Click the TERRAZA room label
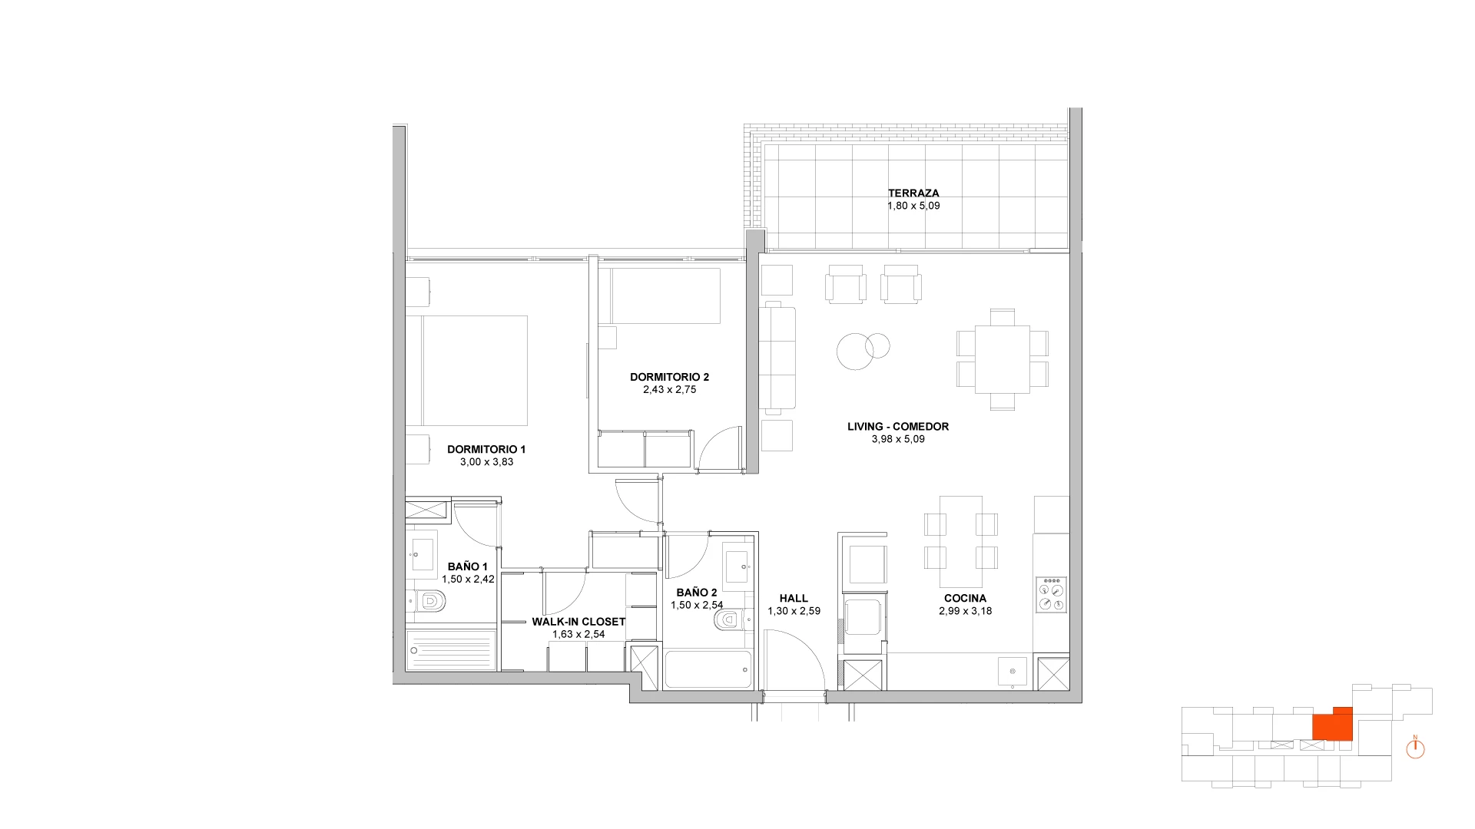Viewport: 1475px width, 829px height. (x=913, y=193)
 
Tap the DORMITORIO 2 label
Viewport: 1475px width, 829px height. (x=669, y=377)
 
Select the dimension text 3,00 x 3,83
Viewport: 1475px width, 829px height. (x=486, y=462)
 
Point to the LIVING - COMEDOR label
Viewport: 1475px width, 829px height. (x=898, y=427)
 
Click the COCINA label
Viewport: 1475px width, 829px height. (x=965, y=599)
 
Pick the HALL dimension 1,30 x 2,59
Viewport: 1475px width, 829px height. (x=794, y=612)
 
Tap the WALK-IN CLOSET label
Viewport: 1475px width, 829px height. (x=578, y=622)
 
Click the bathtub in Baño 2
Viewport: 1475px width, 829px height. (x=708, y=670)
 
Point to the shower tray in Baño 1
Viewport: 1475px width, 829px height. (x=451, y=651)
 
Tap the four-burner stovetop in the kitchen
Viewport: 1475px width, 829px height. (x=1051, y=595)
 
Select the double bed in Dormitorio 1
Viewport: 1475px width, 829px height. (x=466, y=371)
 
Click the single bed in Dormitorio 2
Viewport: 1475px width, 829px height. (x=660, y=296)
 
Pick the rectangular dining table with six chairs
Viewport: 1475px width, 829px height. (x=1002, y=359)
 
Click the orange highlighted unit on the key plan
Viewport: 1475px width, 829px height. (x=1331, y=724)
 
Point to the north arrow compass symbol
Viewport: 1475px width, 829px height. (x=1416, y=748)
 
